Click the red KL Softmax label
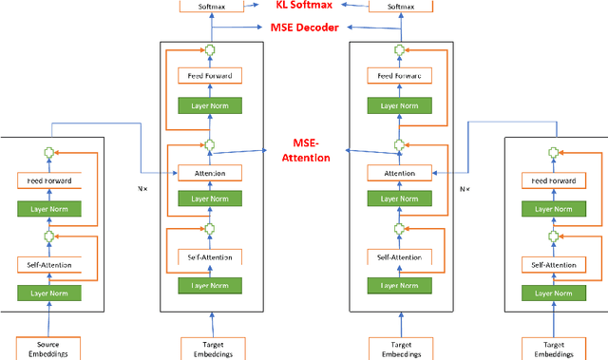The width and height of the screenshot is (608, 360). [304, 7]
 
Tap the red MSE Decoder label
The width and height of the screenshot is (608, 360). [304, 27]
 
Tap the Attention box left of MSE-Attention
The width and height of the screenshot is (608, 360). [208, 174]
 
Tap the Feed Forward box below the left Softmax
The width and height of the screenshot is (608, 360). [208, 74]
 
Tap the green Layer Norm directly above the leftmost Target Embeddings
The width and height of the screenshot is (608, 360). [208, 285]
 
